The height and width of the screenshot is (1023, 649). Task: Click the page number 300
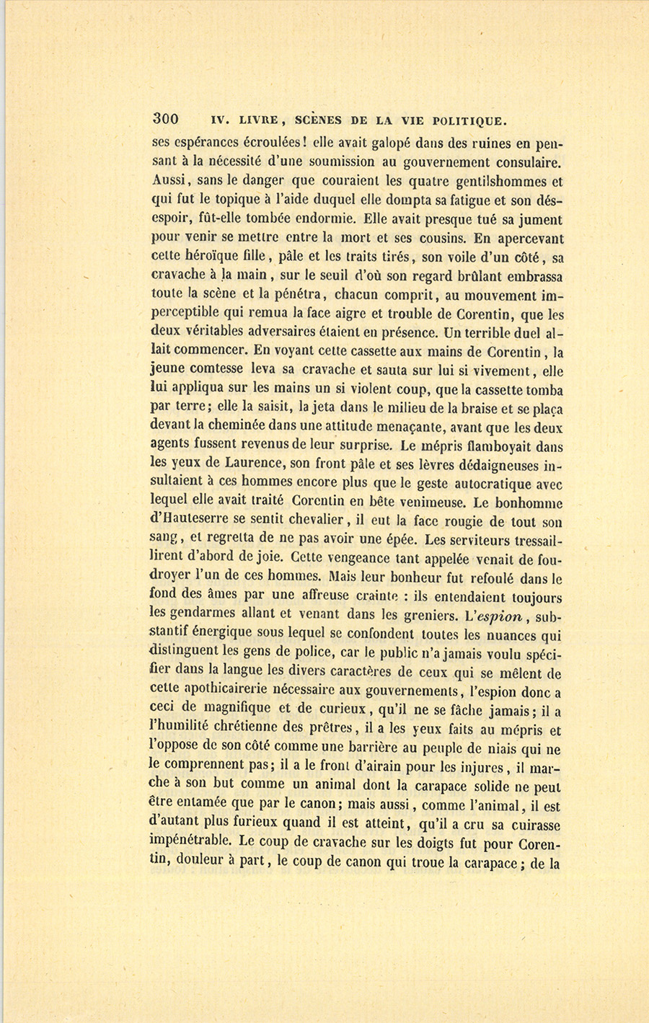click(x=165, y=119)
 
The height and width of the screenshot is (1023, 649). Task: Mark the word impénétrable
click(x=190, y=841)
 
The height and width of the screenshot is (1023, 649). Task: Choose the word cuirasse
click(x=534, y=824)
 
